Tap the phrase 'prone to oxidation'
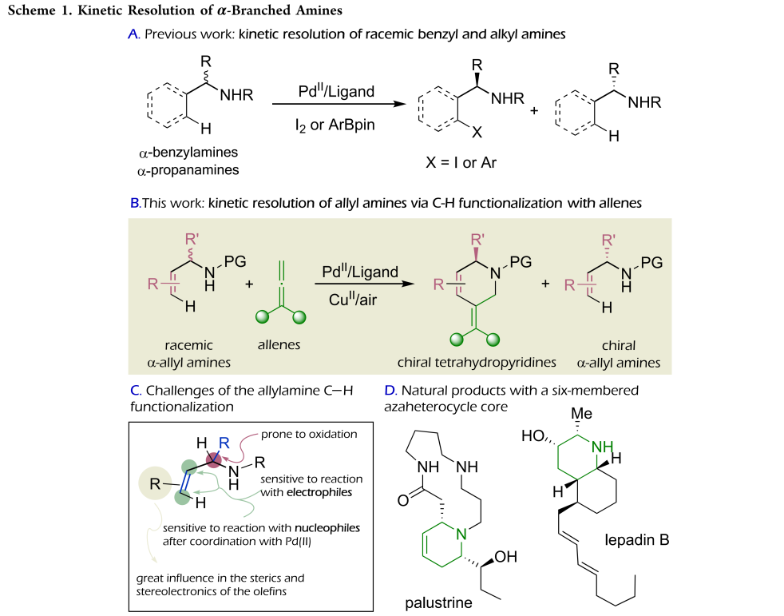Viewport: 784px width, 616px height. pyautogui.click(x=311, y=434)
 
